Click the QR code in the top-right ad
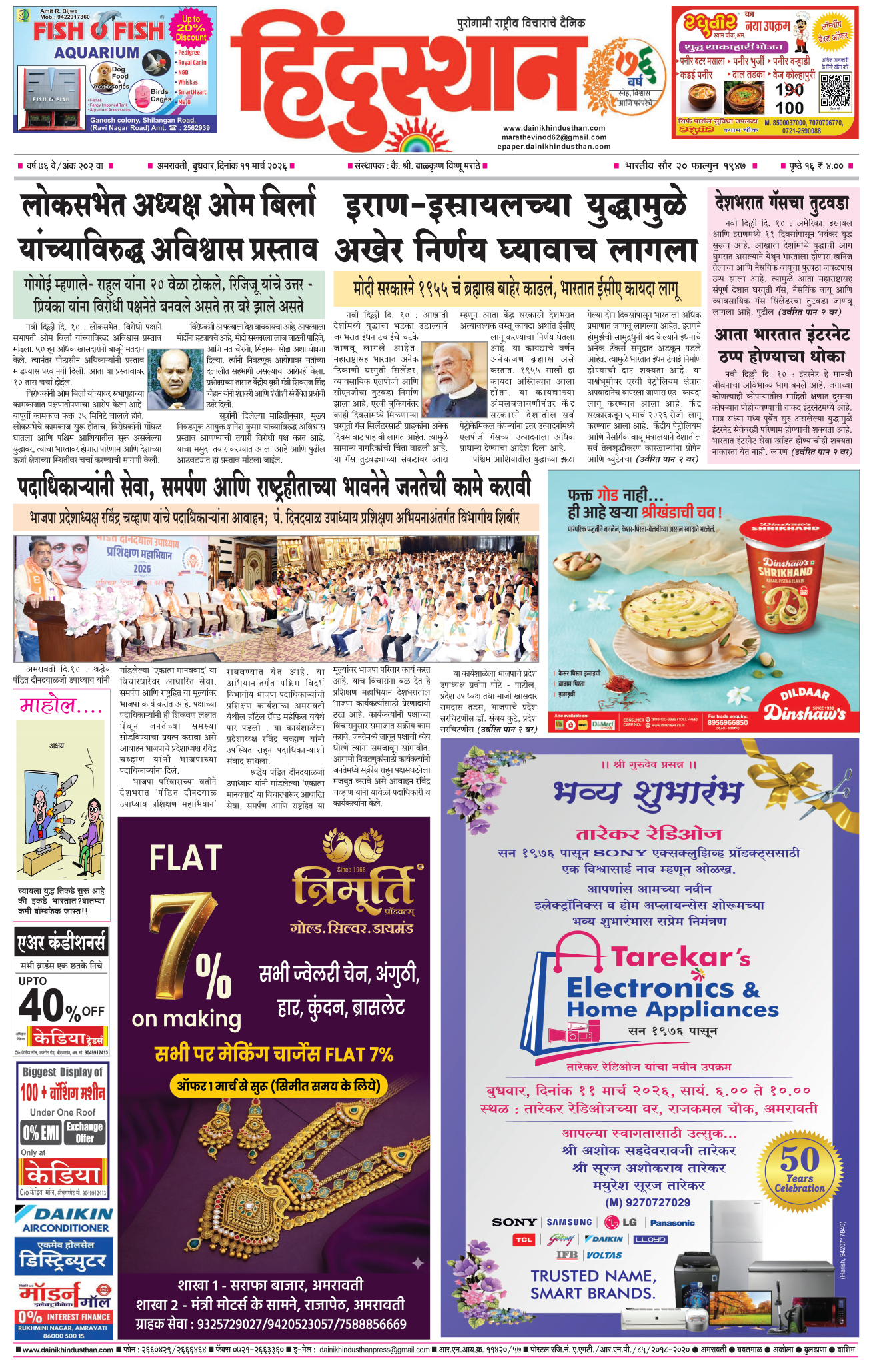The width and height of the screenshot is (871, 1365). (835, 91)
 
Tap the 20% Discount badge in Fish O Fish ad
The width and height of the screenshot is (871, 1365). (191, 28)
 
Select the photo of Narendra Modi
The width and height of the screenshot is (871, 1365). (455, 378)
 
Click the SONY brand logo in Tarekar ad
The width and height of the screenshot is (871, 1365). (514, 1222)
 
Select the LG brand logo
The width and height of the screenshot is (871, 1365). (621, 1222)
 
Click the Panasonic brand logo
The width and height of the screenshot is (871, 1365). (672, 1222)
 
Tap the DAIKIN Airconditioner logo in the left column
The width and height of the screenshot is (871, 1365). (64, 1220)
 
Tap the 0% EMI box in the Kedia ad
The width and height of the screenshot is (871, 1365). (41, 1132)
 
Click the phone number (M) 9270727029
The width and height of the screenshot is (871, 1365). (647, 1202)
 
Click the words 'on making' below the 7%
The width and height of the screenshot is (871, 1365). (186, 1018)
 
